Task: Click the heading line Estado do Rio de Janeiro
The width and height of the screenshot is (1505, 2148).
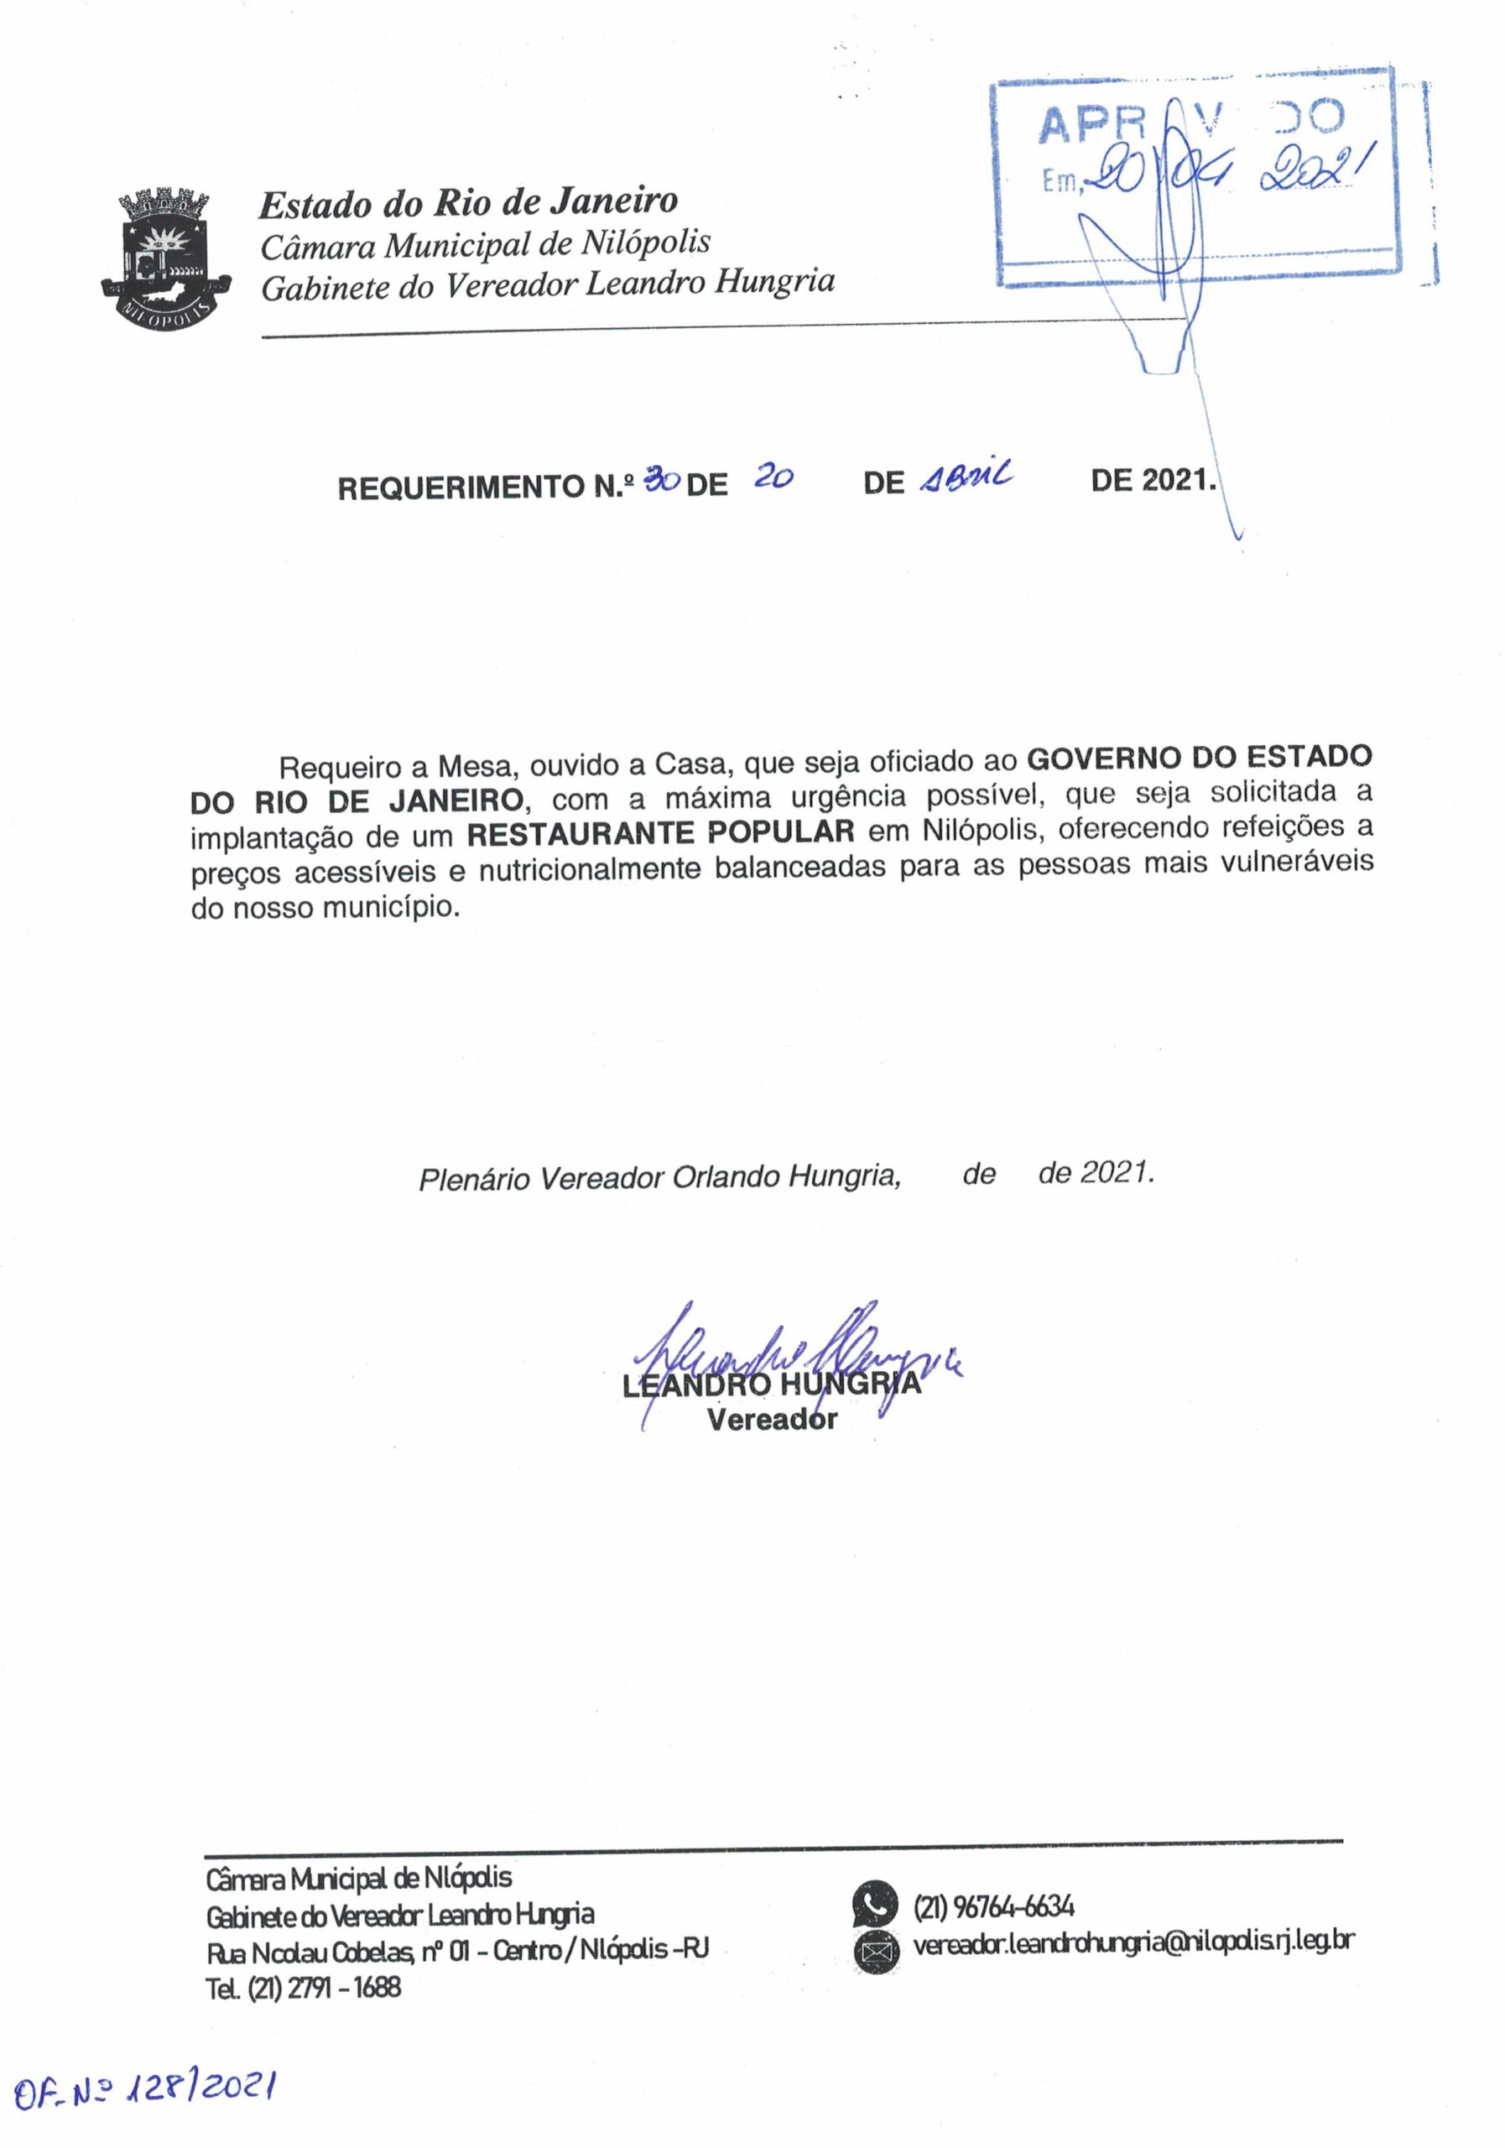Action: coord(467,202)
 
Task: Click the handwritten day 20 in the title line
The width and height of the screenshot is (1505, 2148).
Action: coord(773,478)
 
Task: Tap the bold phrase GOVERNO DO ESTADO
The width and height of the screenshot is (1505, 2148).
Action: coord(1199,757)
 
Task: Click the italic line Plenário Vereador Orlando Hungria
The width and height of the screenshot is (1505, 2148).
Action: coord(659,1178)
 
